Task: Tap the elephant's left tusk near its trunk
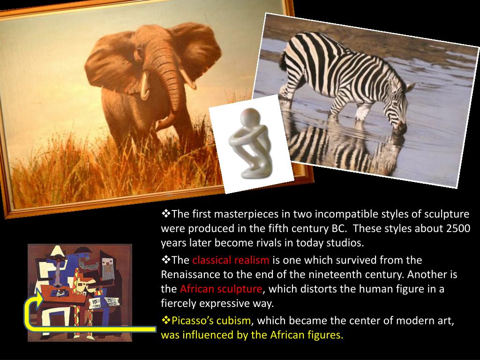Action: pos(145,86)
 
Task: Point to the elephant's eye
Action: pos(139,52)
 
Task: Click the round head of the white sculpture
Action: pos(250,118)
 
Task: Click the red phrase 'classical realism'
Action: pos(231,260)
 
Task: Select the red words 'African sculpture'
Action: pos(221,289)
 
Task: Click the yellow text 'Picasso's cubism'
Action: pos(211,321)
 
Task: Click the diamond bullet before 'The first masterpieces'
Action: pos(165,213)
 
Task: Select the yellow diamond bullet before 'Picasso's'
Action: pos(165,320)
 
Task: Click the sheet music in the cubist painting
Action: pos(104,302)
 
